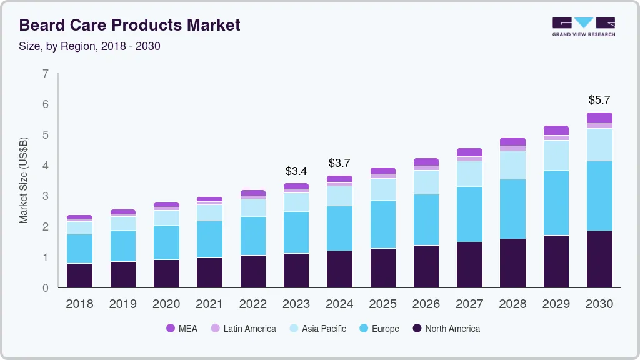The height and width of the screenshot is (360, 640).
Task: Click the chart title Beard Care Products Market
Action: [129, 25]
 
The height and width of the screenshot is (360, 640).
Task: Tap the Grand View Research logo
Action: [583, 27]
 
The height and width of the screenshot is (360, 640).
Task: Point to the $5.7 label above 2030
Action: [599, 99]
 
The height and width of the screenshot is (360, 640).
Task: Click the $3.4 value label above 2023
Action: [296, 171]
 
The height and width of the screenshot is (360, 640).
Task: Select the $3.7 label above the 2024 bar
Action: [339, 163]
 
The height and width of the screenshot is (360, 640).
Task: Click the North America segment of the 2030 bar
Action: [599, 259]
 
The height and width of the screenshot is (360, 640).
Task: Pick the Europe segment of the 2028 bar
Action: [512, 209]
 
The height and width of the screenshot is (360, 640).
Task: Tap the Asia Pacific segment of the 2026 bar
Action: [426, 182]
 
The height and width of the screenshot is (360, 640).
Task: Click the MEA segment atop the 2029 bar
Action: [556, 130]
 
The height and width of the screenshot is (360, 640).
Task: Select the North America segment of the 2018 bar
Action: [79, 275]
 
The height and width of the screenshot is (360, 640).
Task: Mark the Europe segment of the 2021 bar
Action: [209, 239]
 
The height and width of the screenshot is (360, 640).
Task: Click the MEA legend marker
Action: [171, 329]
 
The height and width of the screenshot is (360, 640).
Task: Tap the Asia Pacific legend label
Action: [324, 329]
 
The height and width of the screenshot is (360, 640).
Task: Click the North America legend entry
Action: [446, 329]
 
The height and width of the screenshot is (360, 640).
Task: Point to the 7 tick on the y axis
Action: [46, 74]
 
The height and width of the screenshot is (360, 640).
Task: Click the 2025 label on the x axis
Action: [382, 304]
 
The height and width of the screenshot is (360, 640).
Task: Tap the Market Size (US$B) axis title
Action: [24, 180]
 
